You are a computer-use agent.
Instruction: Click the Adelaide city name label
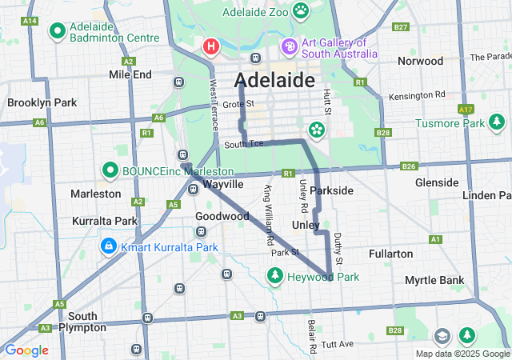[x=274, y=81]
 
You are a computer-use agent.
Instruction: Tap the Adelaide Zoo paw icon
[x=301, y=10]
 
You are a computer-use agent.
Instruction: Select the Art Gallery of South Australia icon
[x=288, y=47]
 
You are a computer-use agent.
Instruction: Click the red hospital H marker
[x=211, y=46]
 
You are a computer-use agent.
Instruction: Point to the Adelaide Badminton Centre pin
[x=58, y=31]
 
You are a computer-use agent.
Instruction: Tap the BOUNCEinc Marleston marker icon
[x=110, y=170]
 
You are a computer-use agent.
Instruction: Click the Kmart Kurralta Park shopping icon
[x=107, y=246]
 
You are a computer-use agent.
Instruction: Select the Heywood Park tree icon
[x=274, y=277]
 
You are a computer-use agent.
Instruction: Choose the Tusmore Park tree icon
[x=498, y=122]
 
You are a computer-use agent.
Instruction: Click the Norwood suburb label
[x=420, y=61]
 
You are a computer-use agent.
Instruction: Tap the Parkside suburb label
[x=331, y=190]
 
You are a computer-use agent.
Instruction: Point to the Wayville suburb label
[x=222, y=184]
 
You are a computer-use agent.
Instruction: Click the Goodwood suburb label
[x=222, y=216]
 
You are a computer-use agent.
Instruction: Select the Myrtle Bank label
[x=434, y=280]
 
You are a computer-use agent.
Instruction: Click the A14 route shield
[x=30, y=20]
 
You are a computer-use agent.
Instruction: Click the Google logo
[x=26, y=350]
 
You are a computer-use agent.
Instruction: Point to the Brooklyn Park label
[x=42, y=102]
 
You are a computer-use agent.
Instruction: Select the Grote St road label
[x=238, y=104]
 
